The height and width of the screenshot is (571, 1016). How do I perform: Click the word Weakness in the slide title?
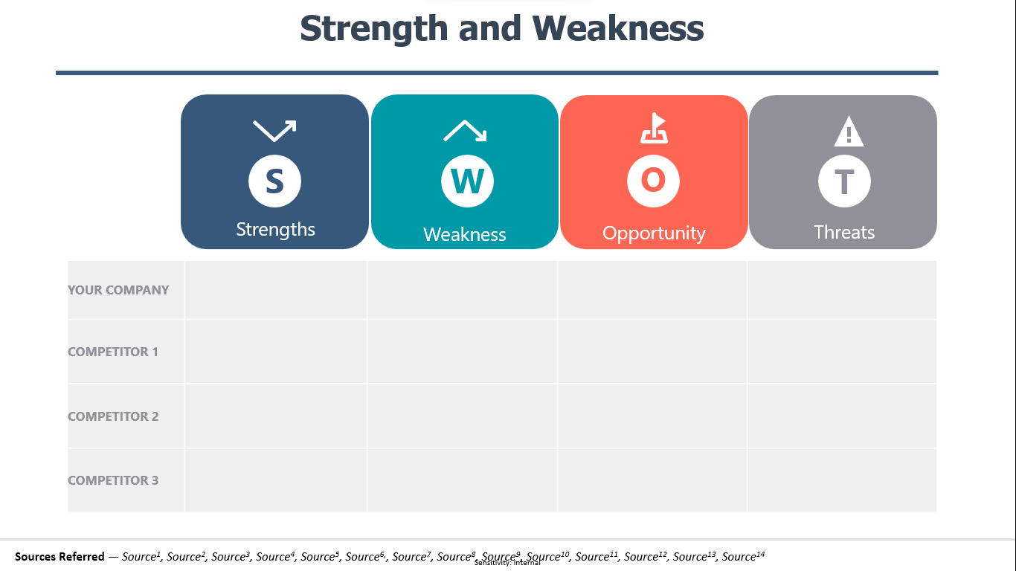pyautogui.click(x=618, y=28)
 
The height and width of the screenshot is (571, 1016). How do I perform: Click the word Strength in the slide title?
pyautogui.click(x=374, y=29)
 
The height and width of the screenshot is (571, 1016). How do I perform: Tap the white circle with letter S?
pyautogui.click(x=274, y=181)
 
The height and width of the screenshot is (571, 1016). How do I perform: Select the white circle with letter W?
pyautogui.click(x=467, y=181)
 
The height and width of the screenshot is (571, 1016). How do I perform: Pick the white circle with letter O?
pyautogui.click(x=653, y=181)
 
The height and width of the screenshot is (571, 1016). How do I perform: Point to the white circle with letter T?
pyautogui.click(x=844, y=181)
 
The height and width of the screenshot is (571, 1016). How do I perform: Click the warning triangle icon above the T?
pyautogui.click(x=849, y=132)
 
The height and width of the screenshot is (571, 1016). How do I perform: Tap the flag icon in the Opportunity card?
pyautogui.click(x=654, y=128)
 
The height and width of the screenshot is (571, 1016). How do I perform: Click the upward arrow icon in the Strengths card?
pyautogui.click(x=274, y=131)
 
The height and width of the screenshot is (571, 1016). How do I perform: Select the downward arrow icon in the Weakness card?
pyautogui.click(x=465, y=131)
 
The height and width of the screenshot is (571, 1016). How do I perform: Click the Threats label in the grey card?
pyautogui.click(x=844, y=232)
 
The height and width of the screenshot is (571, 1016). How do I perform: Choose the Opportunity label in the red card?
pyautogui.click(x=654, y=233)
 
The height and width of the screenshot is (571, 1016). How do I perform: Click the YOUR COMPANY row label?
pyautogui.click(x=118, y=290)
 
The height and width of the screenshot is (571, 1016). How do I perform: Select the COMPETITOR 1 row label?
pyautogui.click(x=113, y=352)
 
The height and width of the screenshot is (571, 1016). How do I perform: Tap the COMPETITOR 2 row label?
pyautogui.click(x=113, y=416)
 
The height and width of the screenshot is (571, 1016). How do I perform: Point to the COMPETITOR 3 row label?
pyautogui.click(x=113, y=480)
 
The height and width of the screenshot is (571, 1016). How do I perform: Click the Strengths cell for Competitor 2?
pyautogui.click(x=276, y=416)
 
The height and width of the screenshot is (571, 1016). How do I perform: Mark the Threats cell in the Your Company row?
pyautogui.click(x=842, y=290)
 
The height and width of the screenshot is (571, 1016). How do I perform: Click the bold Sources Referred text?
pyautogui.click(x=60, y=556)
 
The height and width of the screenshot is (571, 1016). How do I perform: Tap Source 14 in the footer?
pyautogui.click(x=743, y=556)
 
